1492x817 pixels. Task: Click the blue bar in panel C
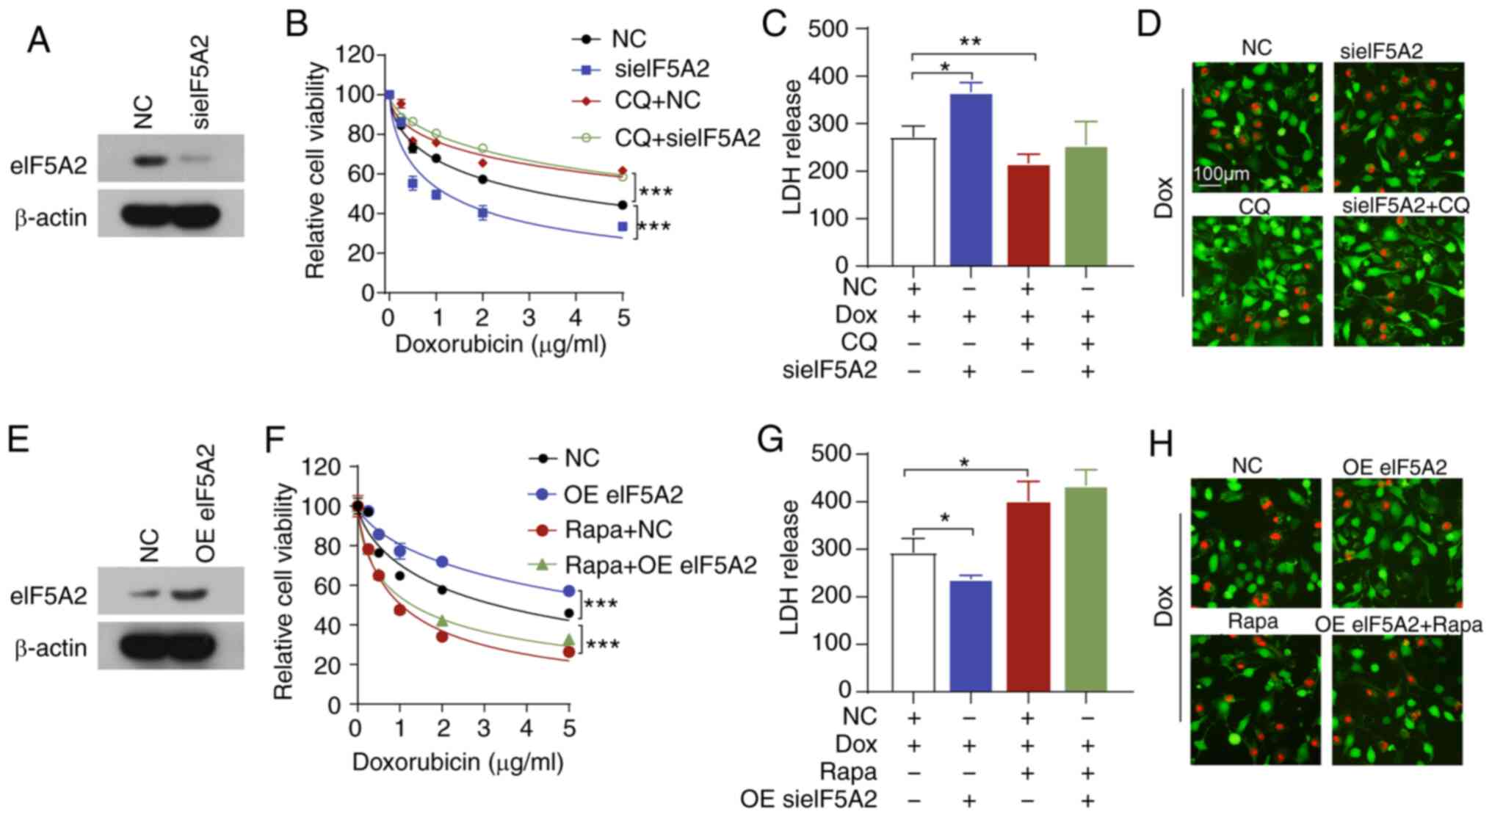pos(971,180)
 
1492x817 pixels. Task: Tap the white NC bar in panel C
pos(913,202)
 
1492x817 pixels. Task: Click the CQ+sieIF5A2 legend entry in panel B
pos(687,137)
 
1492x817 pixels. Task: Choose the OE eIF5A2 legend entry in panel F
pos(622,495)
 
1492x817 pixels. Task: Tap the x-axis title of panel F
pos(457,762)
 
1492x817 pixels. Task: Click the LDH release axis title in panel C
pos(792,147)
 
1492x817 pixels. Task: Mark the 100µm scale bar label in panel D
pos(1220,175)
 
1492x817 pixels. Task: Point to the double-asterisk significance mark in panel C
pos(970,43)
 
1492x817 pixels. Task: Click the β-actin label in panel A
pos(50,218)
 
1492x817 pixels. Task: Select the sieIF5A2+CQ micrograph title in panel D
pos(1405,206)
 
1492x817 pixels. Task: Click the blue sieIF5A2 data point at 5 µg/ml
pos(623,227)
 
